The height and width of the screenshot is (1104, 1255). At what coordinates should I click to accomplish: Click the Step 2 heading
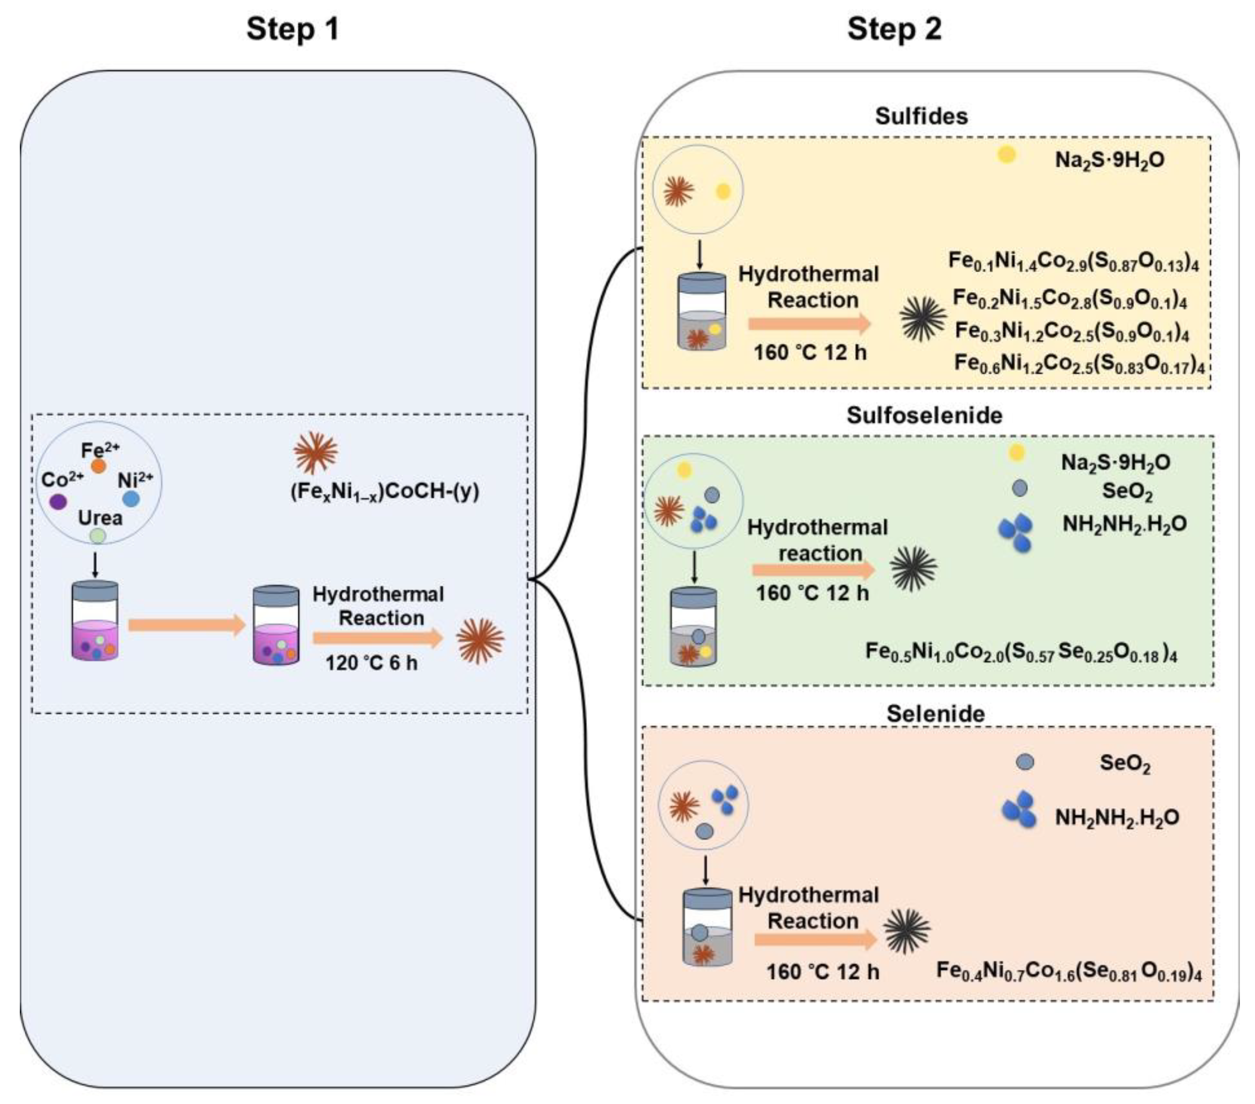tap(894, 29)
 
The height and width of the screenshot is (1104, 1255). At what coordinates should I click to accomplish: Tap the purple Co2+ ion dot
tap(58, 502)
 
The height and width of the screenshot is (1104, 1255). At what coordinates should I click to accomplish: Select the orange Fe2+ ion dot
tap(98, 466)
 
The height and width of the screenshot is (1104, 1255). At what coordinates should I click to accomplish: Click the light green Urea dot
tap(98, 536)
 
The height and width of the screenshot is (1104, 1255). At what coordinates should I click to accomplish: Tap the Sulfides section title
tap(921, 116)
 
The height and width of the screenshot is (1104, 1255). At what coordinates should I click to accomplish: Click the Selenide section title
tap(935, 713)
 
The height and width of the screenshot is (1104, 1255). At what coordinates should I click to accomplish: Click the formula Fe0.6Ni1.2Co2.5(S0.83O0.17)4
tap(1079, 364)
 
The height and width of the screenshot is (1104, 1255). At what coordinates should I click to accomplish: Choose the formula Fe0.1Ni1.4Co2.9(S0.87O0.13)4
tap(1073, 261)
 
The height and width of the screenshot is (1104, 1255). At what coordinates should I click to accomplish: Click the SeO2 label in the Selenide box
tap(1124, 763)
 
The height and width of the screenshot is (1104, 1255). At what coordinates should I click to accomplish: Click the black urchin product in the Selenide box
tap(907, 930)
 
